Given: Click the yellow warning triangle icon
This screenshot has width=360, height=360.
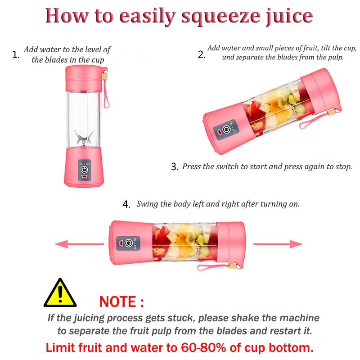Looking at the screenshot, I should coord(60,293).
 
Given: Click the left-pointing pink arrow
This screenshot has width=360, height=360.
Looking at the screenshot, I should coord(67,244).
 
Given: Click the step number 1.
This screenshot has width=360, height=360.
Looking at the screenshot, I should coord(16,55).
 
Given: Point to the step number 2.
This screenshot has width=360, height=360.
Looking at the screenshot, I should coord(201,55).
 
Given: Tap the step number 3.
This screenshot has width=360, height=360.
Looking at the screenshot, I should coord(175,166).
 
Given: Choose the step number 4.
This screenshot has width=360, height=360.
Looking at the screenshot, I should coord(126,204).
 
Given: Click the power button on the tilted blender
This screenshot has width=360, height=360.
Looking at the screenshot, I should coord(226,130).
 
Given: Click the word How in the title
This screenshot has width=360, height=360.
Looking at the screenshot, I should coord(64,16).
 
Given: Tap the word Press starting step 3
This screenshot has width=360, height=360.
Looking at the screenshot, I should coord(192,166).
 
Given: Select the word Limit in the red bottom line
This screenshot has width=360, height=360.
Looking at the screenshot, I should coord(61,348).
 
